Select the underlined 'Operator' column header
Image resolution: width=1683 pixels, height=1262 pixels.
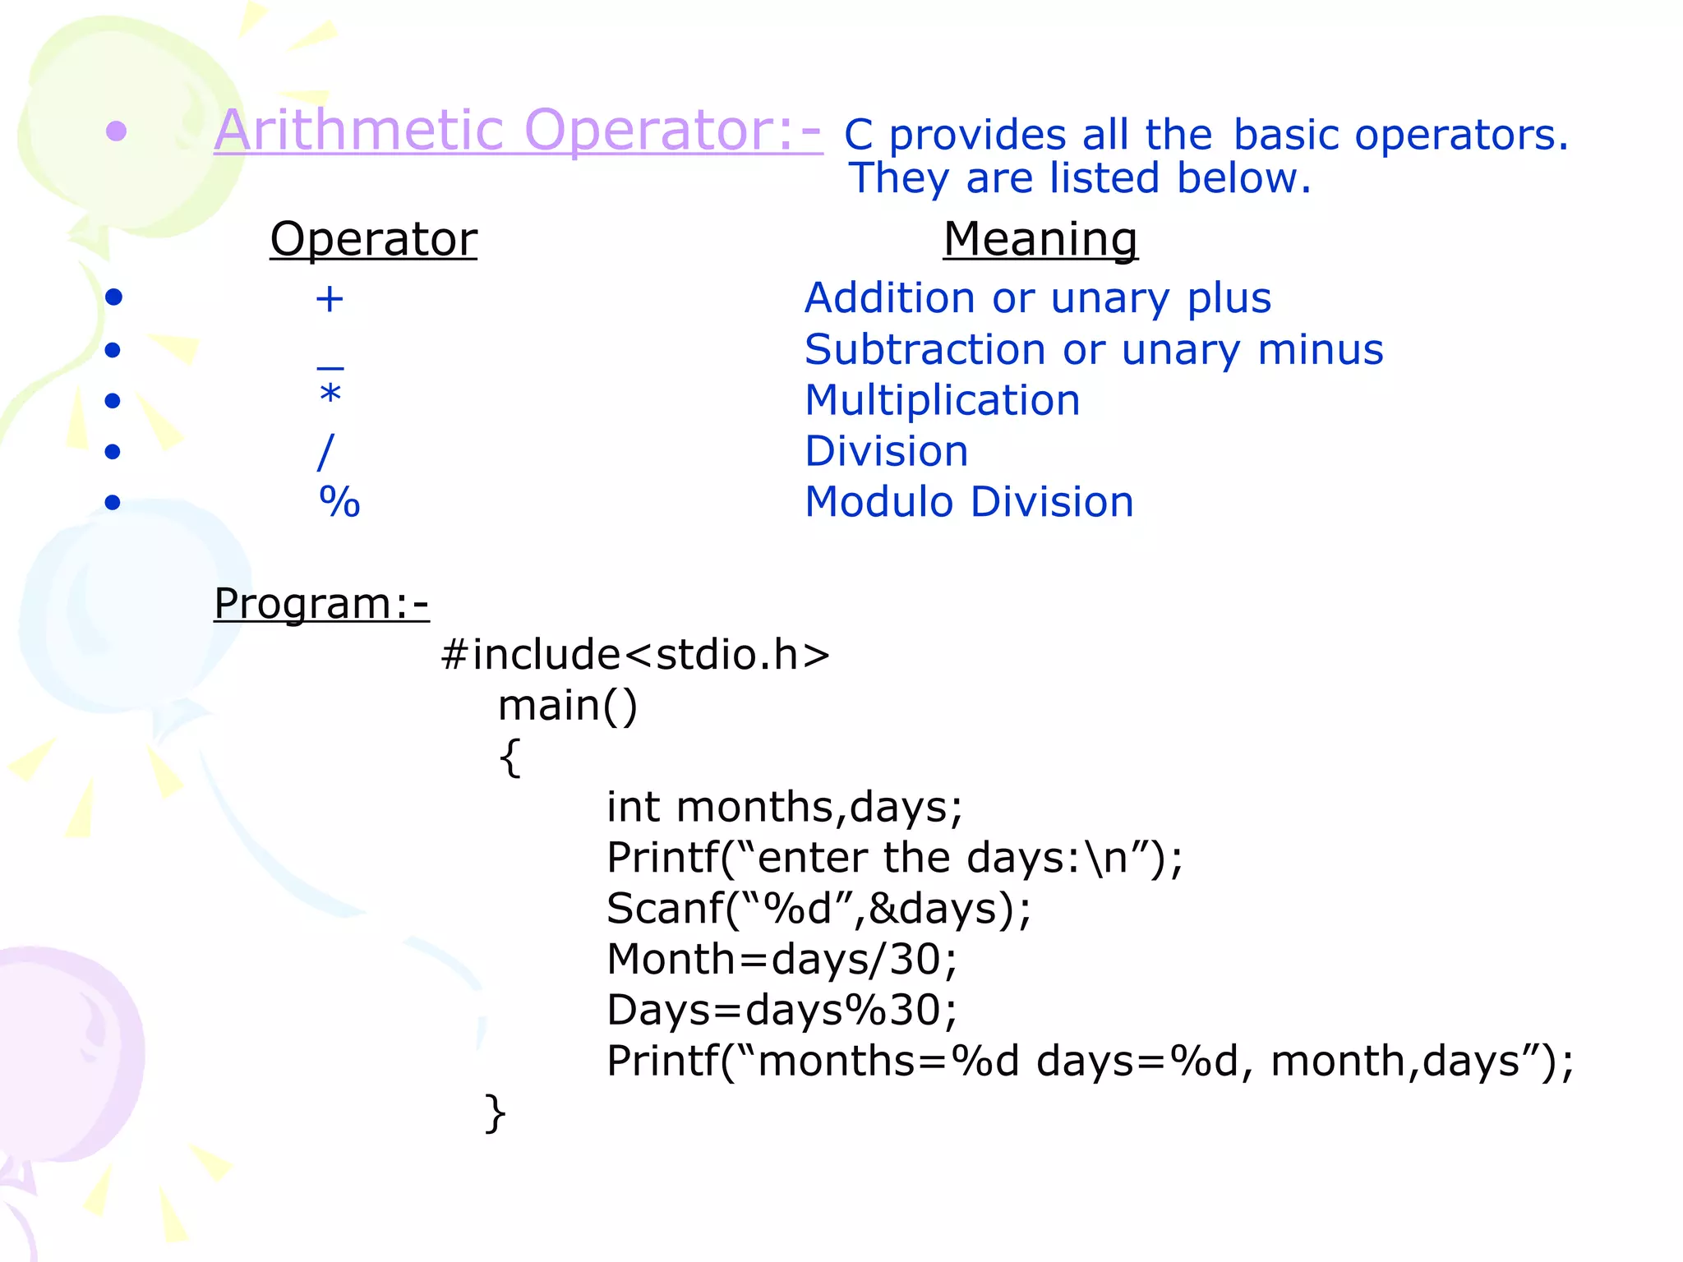pos(373,239)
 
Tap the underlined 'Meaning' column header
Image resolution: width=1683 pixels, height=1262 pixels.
pos(1040,239)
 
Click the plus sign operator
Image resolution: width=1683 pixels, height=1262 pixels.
pos(330,299)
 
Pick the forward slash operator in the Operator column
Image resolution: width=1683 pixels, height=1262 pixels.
pos(326,452)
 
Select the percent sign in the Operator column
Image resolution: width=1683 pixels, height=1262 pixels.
pos(339,502)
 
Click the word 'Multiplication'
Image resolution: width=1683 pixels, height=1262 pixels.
pos(942,401)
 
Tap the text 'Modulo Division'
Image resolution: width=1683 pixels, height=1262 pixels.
pos(969,502)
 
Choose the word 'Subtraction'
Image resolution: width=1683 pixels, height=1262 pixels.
pos(925,350)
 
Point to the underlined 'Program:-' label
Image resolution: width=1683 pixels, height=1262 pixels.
pos(321,604)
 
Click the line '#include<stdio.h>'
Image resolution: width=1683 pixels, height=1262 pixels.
pos(635,655)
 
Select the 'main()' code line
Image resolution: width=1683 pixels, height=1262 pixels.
pos(567,706)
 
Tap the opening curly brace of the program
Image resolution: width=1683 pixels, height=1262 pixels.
pos(510,758)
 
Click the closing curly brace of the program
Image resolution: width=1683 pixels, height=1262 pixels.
pos(496,1113)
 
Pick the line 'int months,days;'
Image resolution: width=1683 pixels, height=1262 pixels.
pos(784,807)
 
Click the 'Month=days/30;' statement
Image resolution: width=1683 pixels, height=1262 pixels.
pos(782,959)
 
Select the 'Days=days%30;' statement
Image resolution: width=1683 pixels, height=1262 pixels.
pos(782,1010)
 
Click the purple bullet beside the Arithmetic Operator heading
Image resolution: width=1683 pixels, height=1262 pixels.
pos(117,131)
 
